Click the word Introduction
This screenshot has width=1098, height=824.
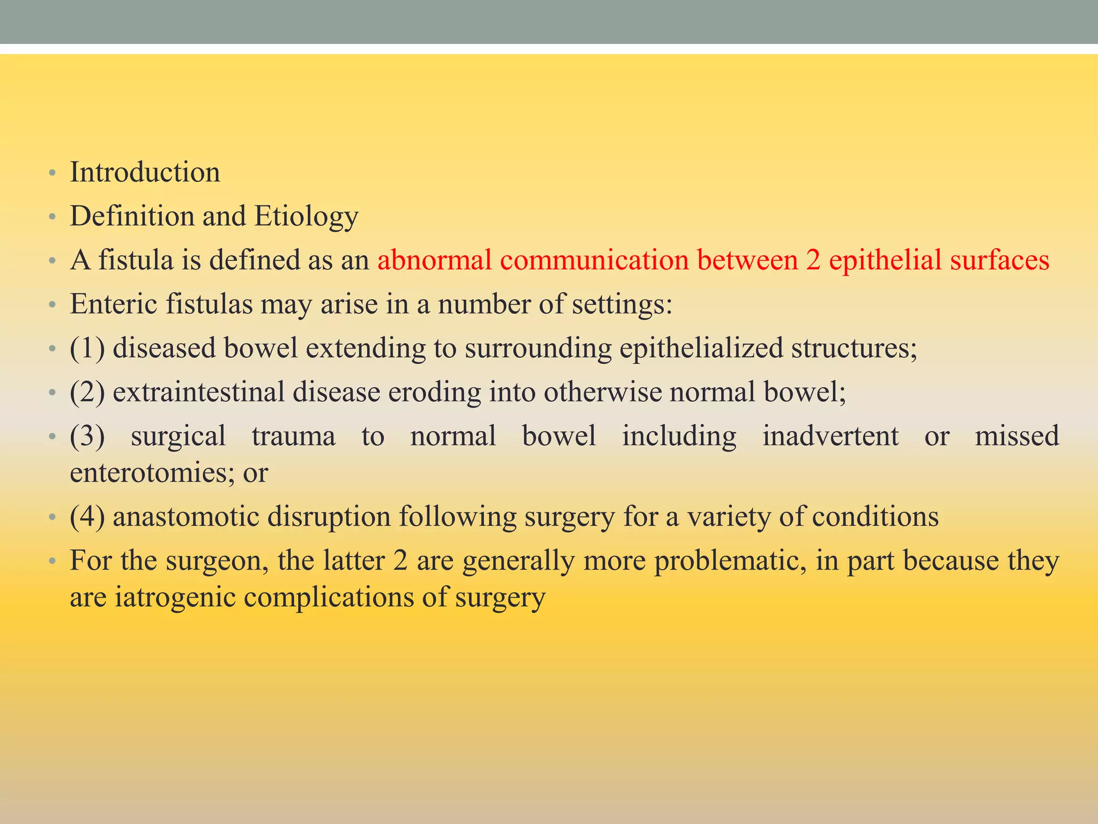click(x=145, y=173)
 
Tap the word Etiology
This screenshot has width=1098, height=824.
click(x=306, y=217)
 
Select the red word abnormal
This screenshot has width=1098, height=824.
click(x=434, y=261)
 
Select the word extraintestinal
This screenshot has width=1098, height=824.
click(x=198, y=392)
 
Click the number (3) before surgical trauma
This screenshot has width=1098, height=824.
click(x=87, y=436)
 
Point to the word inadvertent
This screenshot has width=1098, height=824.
click(x=830, y=436)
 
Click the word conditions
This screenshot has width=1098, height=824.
click(x=875, y=517)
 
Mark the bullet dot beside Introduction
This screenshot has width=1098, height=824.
click(x=51, y=174)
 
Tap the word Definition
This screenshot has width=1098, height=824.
click(x=132, y=217)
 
